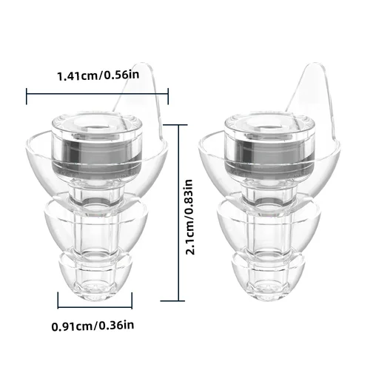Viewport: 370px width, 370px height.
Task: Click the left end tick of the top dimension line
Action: [x=27, y=92]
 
